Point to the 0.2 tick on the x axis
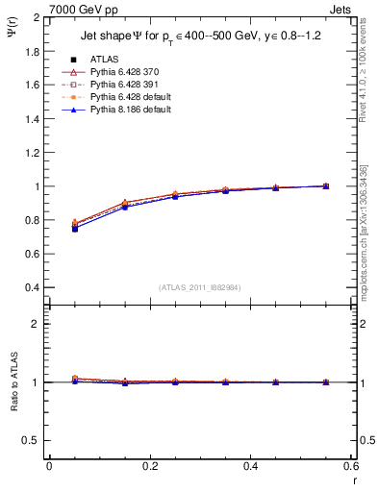150,466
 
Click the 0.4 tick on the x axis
250,466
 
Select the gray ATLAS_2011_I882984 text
200,287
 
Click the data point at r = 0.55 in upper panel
325,186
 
